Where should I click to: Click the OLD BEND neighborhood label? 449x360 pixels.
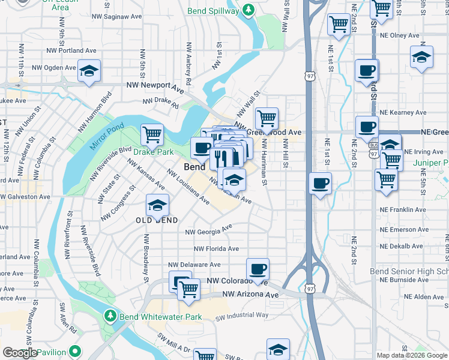(157, 220)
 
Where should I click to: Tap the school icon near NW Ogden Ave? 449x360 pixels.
(89, 71)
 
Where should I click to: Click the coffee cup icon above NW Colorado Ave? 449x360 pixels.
(258, 269)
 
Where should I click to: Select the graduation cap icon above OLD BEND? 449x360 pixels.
(157, 206)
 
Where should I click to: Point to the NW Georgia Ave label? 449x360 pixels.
(209, 230)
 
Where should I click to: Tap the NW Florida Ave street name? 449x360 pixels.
(216, 248)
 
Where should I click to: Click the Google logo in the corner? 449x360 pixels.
(20, 353)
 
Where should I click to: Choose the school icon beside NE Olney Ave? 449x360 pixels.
(421, 58)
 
